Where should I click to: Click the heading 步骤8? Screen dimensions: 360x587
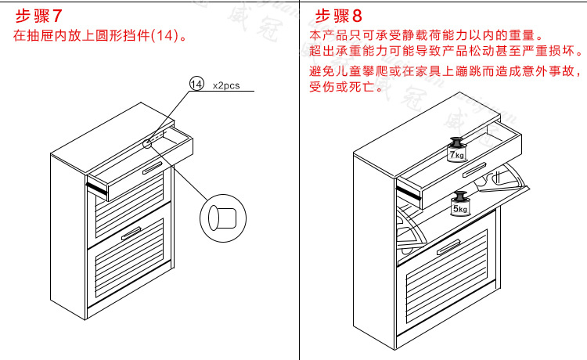(339, 15)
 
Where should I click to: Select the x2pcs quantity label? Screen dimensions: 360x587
(226, 86)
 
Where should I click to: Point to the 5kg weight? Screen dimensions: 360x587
(459, 204)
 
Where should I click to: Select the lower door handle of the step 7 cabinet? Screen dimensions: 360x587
(132, 232)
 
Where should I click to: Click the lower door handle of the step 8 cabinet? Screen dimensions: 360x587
(448, 248)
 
